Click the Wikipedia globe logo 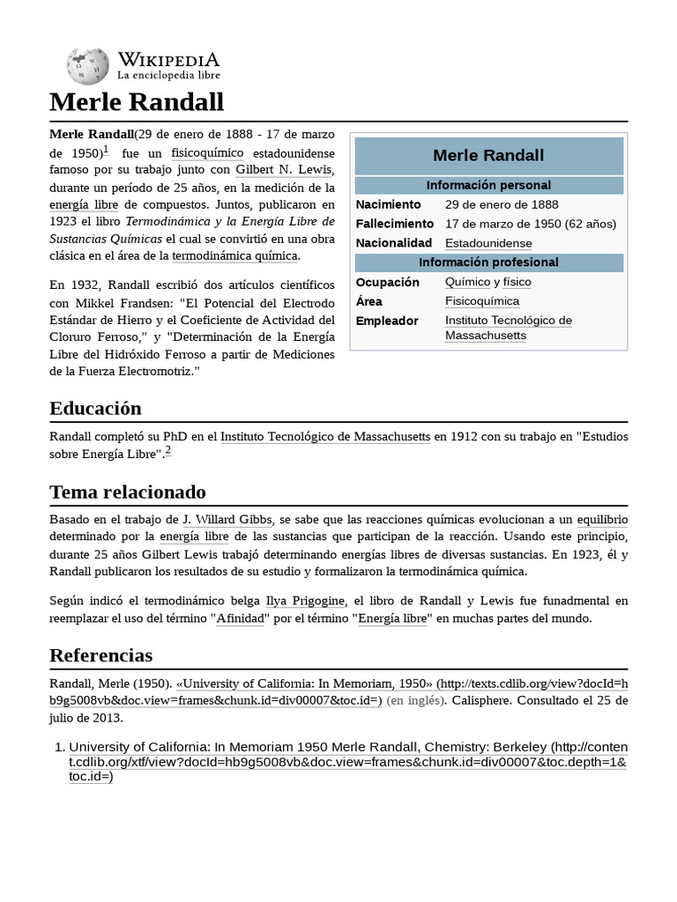[87, 65]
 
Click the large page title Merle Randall [137, 102]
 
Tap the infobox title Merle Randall [488, 156]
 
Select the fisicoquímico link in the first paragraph [207, 152]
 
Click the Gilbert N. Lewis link [284, 170]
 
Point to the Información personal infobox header [488, 185]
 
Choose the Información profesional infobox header [488, 262]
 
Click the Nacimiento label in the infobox [389, 204]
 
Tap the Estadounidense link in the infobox [488, 243]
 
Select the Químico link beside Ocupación [467, 282]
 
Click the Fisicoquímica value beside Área [482, 301]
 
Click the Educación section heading [95, 408]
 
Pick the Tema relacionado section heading [127, 492]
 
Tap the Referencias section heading [100, 655]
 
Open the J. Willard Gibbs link [227, 520]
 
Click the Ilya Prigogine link [305, 601]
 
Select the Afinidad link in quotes [240, 618]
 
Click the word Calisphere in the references [486, 700]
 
